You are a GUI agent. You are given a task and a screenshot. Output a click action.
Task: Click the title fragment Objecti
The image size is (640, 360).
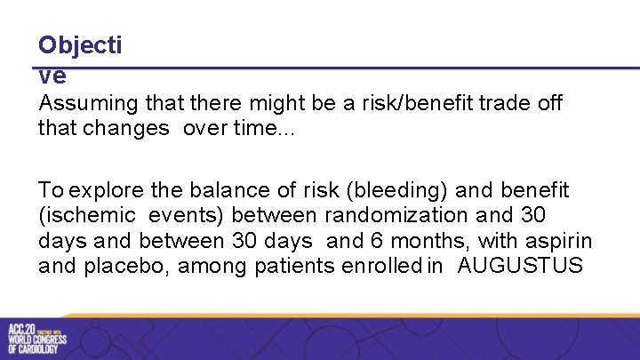click(x=79, y=45)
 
